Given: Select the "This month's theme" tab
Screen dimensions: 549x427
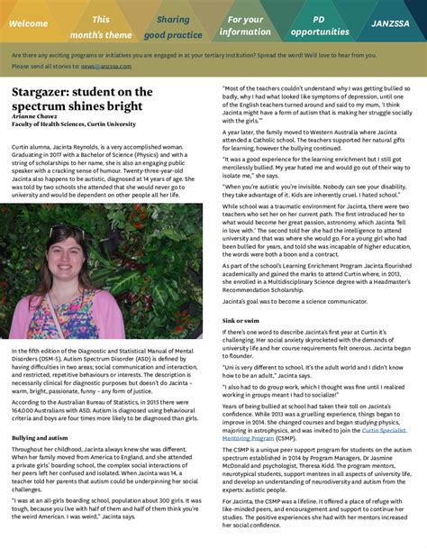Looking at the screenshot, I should pos(101,25).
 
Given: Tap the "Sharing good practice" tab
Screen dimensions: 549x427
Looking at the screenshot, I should pos(173,25).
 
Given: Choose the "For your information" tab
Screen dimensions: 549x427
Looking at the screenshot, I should pos(245,25).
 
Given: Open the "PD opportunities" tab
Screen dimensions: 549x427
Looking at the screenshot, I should pos(319,25).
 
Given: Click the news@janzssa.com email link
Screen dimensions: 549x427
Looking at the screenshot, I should pos(99,66).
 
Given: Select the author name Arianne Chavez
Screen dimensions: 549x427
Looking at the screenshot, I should pos(37,116).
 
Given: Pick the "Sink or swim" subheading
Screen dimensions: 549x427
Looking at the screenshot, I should pos(241,321).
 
